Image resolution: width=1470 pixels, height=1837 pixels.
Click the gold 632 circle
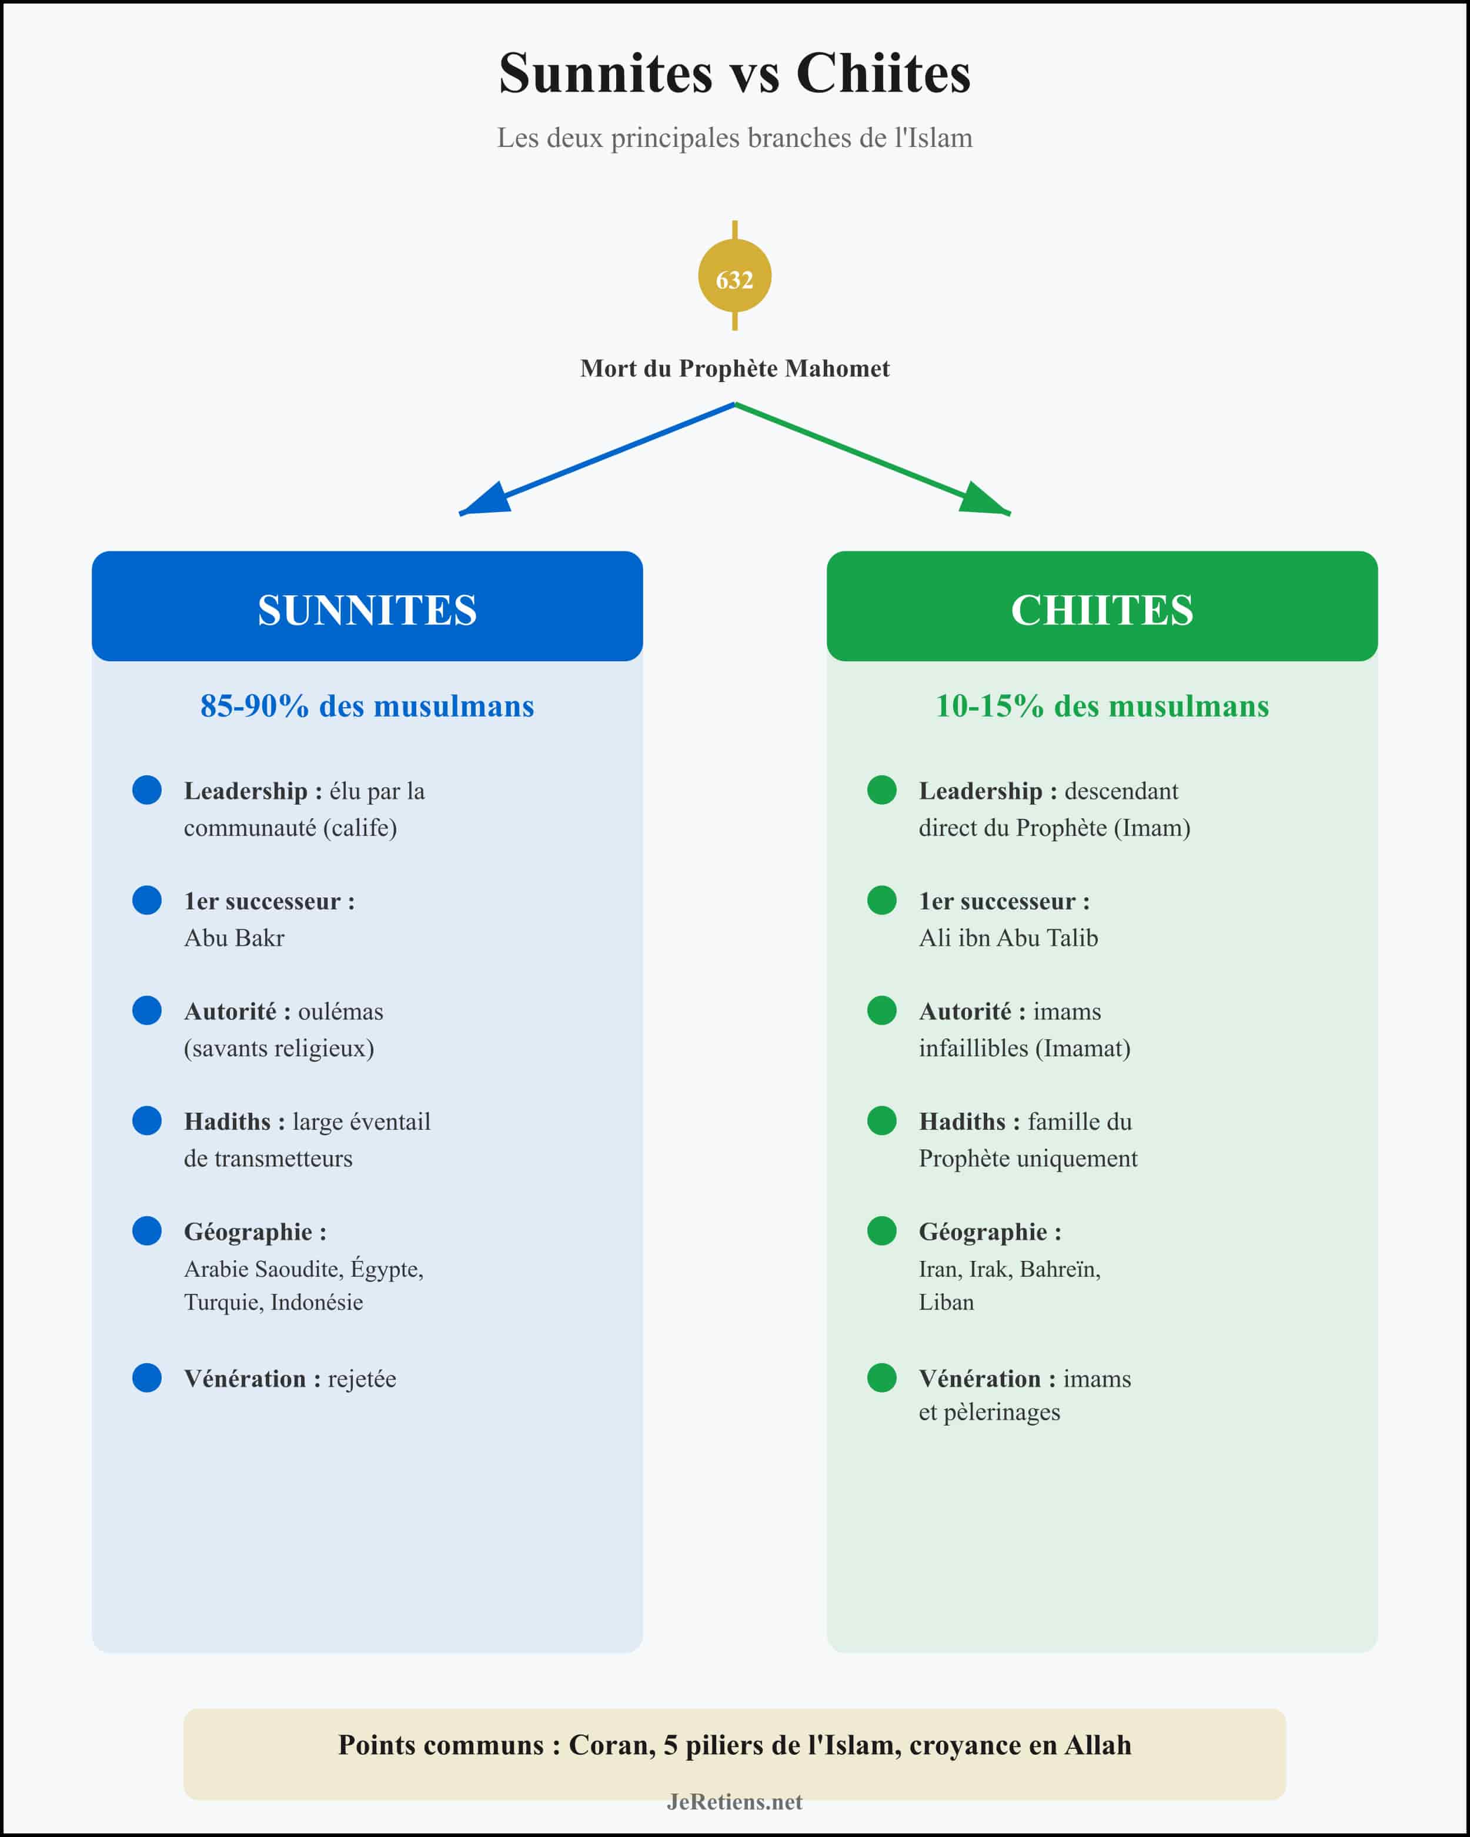(734, 277)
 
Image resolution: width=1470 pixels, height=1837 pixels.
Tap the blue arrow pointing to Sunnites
(596, 460)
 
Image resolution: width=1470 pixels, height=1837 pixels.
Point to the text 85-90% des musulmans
(367, 707)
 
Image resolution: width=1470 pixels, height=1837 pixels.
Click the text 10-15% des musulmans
(1102, 707)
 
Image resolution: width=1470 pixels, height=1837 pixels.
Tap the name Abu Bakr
(235, 938)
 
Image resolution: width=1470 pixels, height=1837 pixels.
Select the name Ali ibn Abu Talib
(1008, 938)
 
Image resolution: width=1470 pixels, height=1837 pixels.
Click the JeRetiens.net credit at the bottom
(734, 1801)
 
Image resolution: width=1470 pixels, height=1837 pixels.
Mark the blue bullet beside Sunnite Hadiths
(146, 1120)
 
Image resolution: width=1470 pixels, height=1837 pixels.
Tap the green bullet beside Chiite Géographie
(881, 1230)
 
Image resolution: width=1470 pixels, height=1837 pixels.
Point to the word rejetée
(362, 1378)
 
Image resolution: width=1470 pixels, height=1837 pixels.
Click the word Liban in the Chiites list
(946, 1302)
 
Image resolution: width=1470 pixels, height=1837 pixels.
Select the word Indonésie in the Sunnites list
(316, 1302)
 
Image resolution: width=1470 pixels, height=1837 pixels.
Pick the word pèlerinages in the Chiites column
(1001, 1412)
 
